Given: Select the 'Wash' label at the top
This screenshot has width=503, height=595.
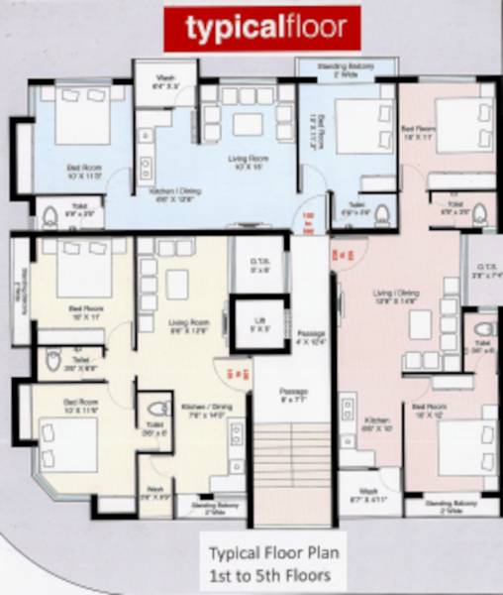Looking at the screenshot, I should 164,82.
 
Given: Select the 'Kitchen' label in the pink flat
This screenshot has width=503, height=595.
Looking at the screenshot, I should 370,427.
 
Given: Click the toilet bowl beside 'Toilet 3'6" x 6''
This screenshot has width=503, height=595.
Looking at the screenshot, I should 157,410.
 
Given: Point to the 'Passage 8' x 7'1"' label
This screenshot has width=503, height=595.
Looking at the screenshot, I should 292,394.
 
